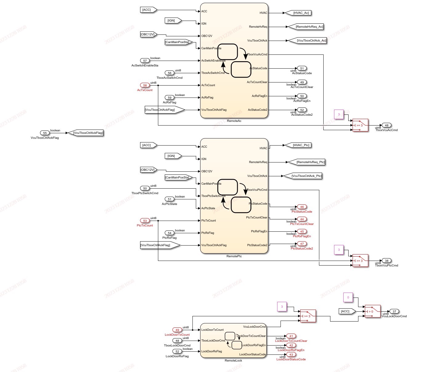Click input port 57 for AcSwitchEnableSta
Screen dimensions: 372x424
145,61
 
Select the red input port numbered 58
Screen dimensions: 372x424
145,85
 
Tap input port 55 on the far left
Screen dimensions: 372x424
45,133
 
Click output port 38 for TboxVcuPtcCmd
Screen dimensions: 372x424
386,261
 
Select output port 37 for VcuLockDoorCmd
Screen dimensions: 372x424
394,311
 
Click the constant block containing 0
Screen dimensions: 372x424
348,298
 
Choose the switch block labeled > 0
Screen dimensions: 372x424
373,311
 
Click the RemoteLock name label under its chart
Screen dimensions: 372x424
233,360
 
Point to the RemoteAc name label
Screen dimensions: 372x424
234,121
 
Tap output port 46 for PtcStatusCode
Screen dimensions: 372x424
302,207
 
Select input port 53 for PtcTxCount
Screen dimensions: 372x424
145,221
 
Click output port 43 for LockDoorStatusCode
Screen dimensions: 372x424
291,354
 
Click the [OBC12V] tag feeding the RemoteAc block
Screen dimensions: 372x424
148,34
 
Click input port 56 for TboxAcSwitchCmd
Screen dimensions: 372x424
169,73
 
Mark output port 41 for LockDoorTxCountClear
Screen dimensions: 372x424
291,336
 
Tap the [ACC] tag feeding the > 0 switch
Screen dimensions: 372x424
346,311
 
